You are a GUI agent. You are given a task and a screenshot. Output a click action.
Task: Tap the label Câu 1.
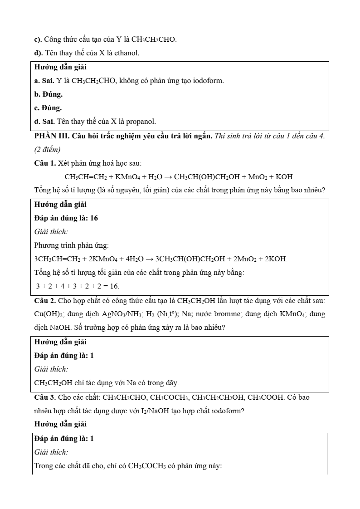coord(45,163)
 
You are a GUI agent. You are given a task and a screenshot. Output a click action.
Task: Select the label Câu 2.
coord(45,300)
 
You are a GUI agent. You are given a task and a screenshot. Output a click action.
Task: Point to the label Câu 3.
coord(45,397)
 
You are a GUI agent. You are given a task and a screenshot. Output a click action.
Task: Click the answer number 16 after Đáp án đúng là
coord(94,218)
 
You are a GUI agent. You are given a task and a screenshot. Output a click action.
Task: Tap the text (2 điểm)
coord(48,149)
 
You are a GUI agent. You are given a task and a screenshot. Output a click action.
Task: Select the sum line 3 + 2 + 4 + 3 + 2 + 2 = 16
coord(78,286)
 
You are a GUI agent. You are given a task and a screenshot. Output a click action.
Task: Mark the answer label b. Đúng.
coord(49,94)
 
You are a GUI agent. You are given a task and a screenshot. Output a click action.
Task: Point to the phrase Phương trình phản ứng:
coord(71,245)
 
